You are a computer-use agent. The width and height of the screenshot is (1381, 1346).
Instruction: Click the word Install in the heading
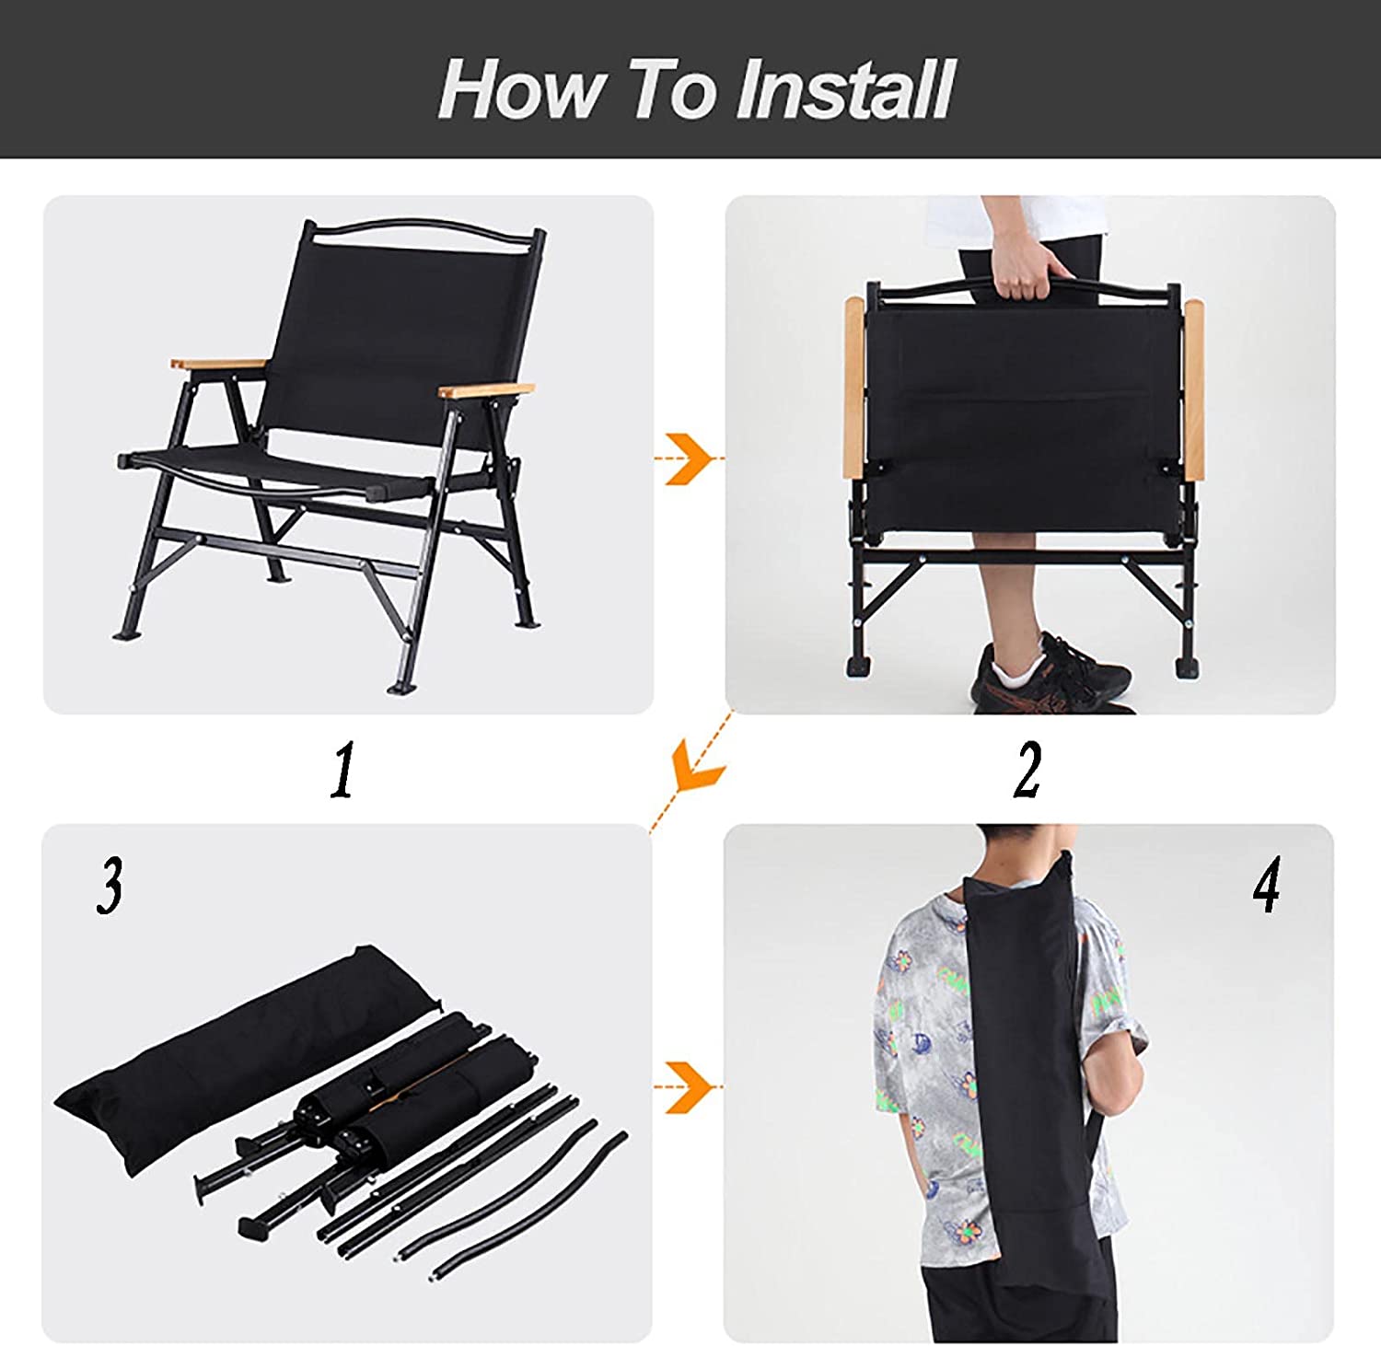(x=845, y=88)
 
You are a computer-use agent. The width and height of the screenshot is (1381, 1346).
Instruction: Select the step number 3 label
(x=110, y=887)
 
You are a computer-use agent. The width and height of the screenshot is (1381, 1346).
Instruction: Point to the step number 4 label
(x=1266, y=885)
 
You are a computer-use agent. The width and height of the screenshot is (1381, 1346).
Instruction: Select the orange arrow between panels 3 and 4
(x=688, y=1087)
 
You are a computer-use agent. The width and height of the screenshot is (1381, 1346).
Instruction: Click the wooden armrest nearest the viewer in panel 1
(x=486, y=389)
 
